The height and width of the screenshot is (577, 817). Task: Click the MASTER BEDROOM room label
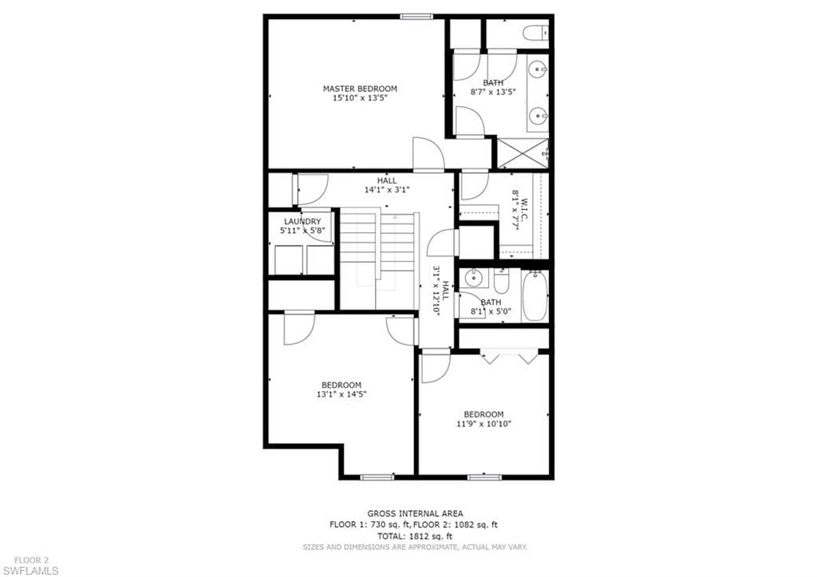[x=360, y=89]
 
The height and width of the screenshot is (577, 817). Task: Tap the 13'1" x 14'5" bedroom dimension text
[x=341, y=394]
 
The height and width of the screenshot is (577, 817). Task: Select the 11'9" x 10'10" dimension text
[x=483, y=424]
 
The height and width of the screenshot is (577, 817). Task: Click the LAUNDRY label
[x=302, y=222]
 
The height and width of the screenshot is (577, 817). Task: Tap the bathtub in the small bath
[x=535, y=295]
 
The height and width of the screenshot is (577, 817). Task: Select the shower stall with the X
[x=523, y=153]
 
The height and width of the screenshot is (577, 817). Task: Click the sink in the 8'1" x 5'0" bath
[x=474, y=279]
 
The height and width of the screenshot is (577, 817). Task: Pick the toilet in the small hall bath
[x=501, y=281]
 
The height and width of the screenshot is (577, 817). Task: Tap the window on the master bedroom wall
[x=416, y=17]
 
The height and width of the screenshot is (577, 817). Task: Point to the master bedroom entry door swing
[x=428, y=154]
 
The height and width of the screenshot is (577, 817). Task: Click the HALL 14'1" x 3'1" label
[x=387, y=185]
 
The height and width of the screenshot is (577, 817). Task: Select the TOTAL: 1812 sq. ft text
[x=415, y=536]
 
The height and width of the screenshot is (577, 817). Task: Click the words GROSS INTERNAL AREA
[x=415, y=513]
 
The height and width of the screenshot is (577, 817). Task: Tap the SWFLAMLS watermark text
[x=30, y=571]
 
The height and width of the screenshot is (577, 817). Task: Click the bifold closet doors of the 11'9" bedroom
[x=509, y=358]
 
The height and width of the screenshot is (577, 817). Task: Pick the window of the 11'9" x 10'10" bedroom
[x=484, y=477]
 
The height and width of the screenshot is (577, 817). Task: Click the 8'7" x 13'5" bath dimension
[x=493, y=92]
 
